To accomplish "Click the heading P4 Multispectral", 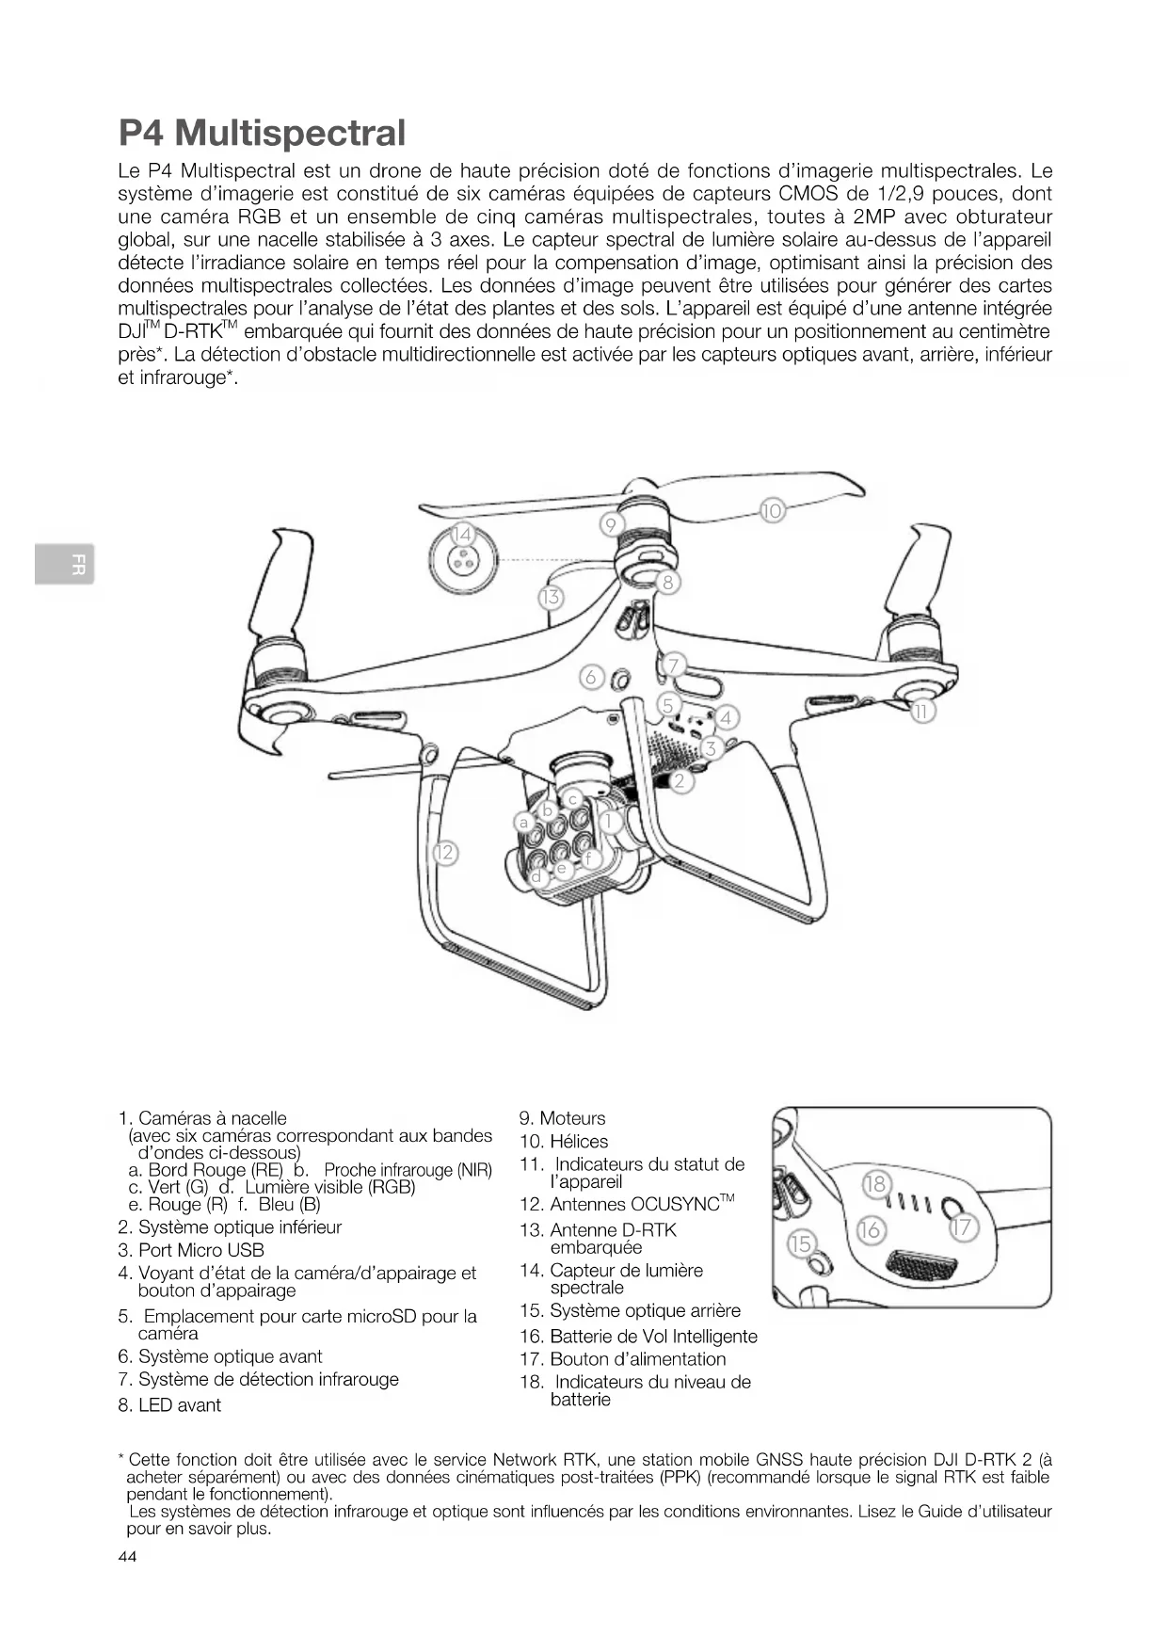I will [262, 133].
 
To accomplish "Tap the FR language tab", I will [64, 565].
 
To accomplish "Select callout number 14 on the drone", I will [462, 535].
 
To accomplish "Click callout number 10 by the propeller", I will [772, 511].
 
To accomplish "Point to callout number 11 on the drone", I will [923, 712].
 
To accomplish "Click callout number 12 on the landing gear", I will [444, 853].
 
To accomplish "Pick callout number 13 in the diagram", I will [551, 597].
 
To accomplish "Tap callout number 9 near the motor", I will [611, 524].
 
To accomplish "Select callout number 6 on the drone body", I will [591, 677].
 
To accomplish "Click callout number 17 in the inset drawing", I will [964, 1227].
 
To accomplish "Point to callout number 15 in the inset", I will [800, 1244].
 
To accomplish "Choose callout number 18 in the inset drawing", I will [875, 1183].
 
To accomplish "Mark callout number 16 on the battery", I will [871, 1229].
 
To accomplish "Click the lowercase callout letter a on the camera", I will [524, 822].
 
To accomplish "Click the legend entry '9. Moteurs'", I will [563, 1118].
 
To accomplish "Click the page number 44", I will [127, 1557].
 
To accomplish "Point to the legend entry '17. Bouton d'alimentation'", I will [623, 1359].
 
